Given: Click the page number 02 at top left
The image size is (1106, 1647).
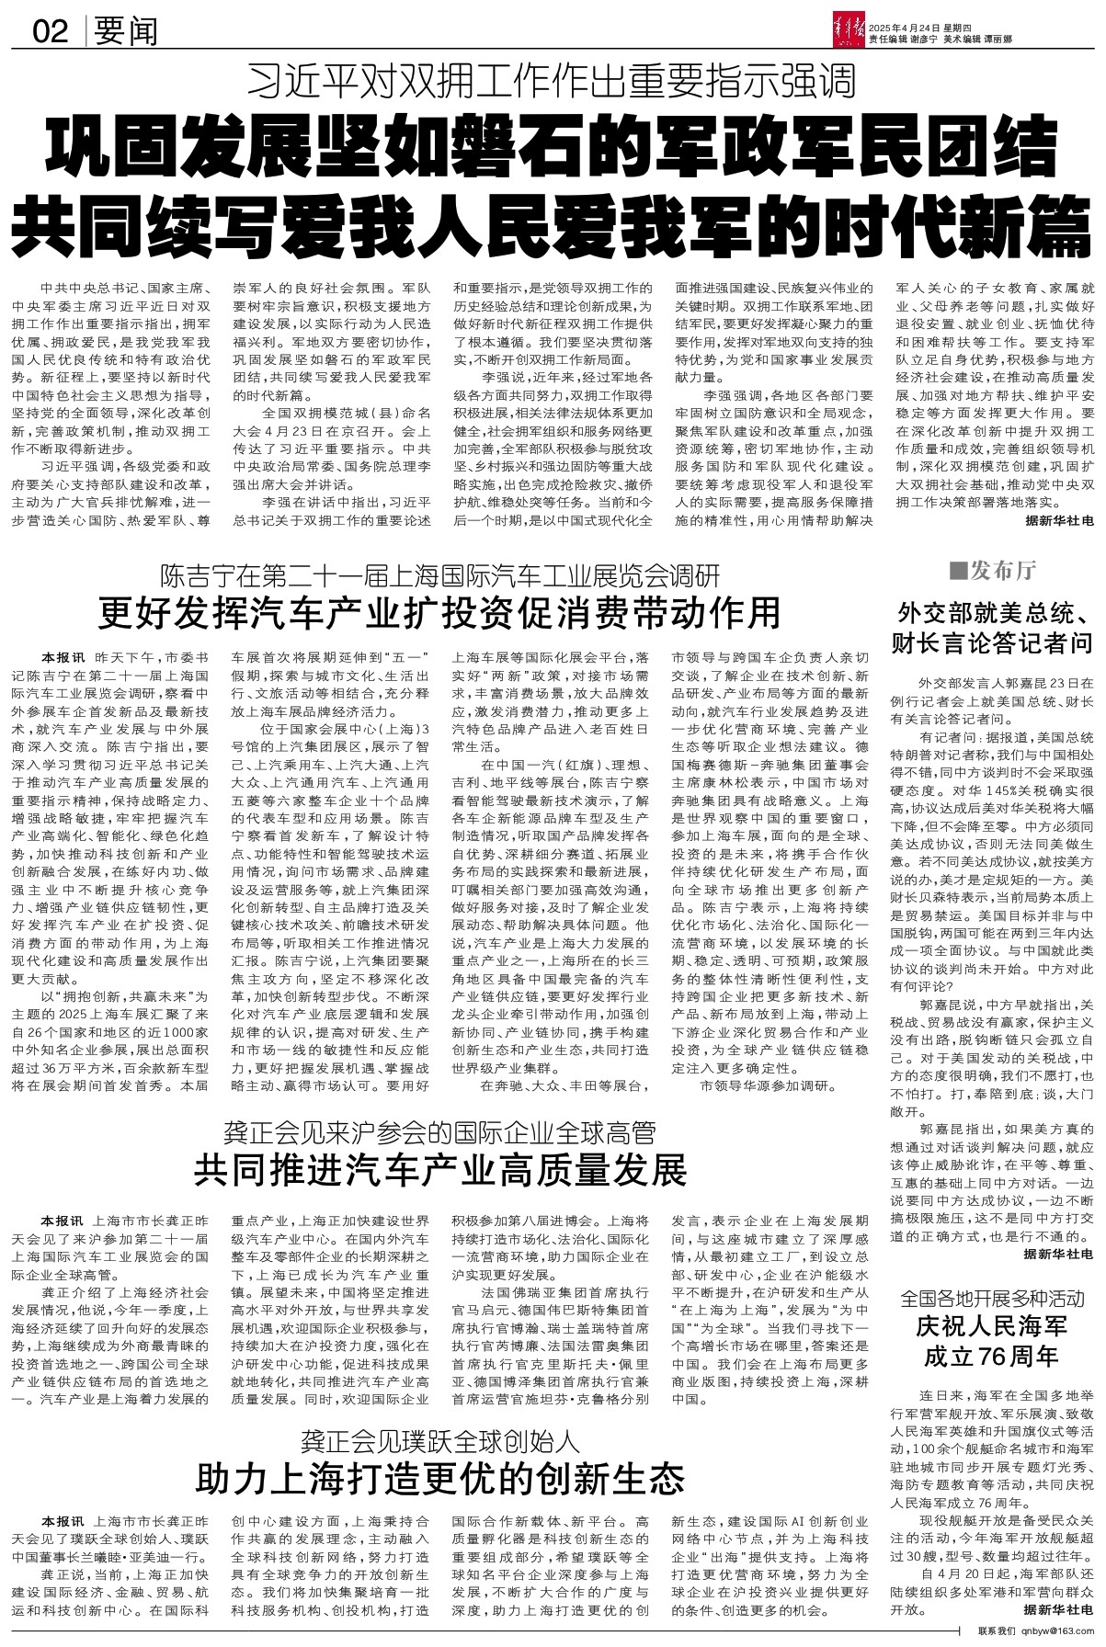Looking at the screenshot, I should click(51, 33).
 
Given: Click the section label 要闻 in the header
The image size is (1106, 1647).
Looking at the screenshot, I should click(125, 33).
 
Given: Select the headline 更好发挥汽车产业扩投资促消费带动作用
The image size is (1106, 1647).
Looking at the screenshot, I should click(440, 611).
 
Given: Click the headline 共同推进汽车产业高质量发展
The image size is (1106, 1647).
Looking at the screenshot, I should click(440, 1170).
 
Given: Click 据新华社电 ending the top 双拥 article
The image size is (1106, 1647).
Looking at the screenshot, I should click(1059, 519).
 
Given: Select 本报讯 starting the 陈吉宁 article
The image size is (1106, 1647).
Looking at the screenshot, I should click(63, 658).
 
